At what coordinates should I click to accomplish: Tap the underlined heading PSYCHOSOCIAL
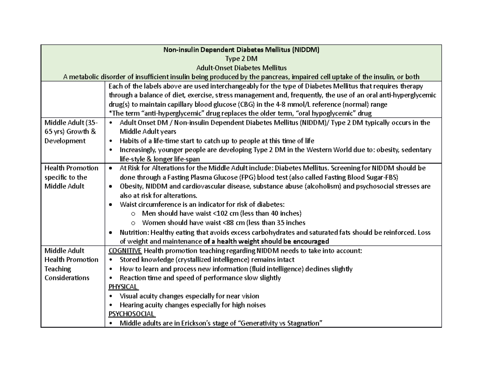(x=131, y=314)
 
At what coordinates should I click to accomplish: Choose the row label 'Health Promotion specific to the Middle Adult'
(x=71, y=177)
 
